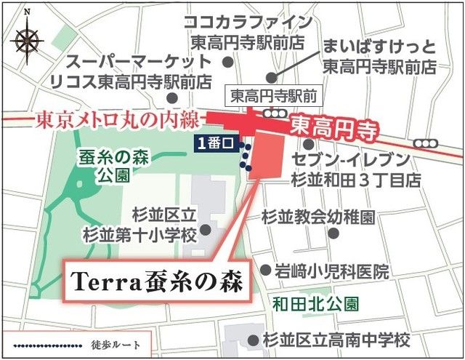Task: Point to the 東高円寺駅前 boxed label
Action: tap(263, 94)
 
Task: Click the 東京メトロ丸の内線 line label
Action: tap(114, 118)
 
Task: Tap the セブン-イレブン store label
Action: tap(355, 168)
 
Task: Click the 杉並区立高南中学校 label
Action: tap(335, 340)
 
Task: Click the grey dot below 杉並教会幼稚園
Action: tap(333, 233)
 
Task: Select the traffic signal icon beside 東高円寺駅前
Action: tap(275, 113)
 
